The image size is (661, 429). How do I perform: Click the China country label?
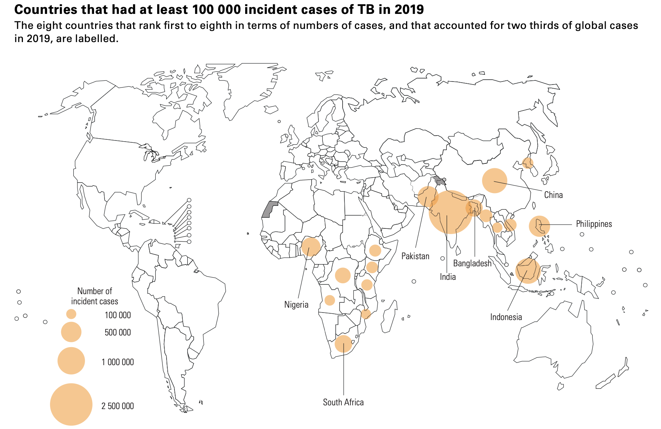click(x=553, y=195)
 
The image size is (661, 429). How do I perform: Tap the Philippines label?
click(x=594, y=224)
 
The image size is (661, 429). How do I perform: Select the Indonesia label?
click(x=506, y=317)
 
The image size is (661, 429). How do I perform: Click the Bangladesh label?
click(x=472, y=263)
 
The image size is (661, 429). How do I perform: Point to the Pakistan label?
click(x=415, y=256)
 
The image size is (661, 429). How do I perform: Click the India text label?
click(x=447, y=277)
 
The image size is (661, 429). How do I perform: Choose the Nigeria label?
click(x=296, y=305)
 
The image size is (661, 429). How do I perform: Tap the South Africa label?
click(x=343, y=402)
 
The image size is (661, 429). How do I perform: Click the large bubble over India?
click(x=450, y=212)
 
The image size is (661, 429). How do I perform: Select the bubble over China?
click(x=494, y=181)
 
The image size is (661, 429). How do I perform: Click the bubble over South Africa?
click(x=343, y=343)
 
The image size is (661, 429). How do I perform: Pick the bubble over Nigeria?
click(x=311, y=247)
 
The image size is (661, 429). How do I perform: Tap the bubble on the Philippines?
click(x=539, y=226)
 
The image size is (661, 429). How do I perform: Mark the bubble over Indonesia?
click(x=528, y=270)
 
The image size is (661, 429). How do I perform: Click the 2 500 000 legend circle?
click(x=71, y=404)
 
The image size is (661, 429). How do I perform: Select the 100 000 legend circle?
click(x=71, y=314)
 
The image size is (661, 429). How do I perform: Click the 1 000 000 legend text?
click(x=118, y=362)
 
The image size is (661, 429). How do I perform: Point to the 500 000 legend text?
click(x=118, y=332)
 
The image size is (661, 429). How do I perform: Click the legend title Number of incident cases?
click(x=94, y=296)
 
